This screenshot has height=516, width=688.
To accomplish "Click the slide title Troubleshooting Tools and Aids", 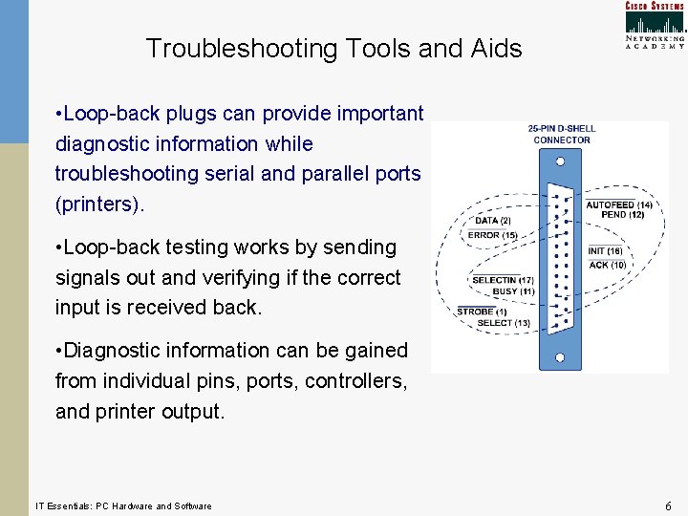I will click(x=333, y=48).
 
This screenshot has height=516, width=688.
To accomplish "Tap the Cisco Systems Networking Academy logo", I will click(x=655, y=25).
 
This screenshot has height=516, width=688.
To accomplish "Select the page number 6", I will click(x=669, y=505).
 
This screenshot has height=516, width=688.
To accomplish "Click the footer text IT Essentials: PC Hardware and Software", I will click(x=123, y=505).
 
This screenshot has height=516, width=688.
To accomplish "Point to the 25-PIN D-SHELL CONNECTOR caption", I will click(x=561, y=134).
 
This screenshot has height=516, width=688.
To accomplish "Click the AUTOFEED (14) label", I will click(x=619, y=204).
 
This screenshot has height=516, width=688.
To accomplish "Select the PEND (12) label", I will click(x=622, y=215).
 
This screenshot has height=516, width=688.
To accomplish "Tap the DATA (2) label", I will click(x=493, y=221).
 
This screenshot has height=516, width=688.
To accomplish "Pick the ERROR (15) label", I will click(x=492, y=235).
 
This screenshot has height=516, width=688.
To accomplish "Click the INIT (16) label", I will click(x=605, y=251).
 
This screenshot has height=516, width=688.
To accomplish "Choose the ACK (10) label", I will click(x=608, y=265).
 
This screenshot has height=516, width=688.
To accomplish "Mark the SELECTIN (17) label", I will click(x=503, y=280).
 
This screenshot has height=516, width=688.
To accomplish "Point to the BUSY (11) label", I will click(x=513, y=290).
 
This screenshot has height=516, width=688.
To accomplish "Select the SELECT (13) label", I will click(x=504, y=323).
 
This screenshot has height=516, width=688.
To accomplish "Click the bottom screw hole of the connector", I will click(x=560, y=358).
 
